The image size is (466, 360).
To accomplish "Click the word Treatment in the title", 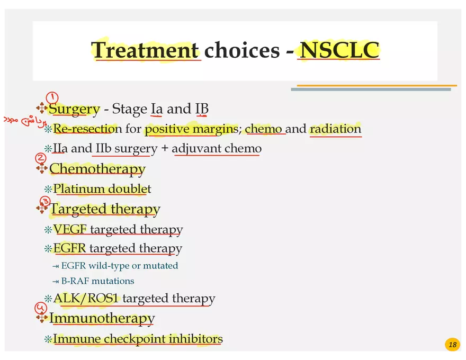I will [145, 50].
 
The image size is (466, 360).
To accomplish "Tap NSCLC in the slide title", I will [339, 50].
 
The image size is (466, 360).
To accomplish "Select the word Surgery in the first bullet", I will [74, 109].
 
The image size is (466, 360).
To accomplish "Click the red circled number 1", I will [52, 97].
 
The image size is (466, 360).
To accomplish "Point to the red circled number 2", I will [41, 158].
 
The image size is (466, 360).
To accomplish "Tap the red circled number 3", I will [46, 201].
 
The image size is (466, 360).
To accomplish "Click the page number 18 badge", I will [452, 345].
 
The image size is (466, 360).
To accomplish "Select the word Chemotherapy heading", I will [97, 169].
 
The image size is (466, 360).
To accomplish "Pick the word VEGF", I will [70, 229].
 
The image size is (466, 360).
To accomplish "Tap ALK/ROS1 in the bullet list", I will [86, 298].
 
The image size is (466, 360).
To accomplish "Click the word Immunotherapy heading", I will [102, 318].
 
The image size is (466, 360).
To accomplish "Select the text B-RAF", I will [76, 281].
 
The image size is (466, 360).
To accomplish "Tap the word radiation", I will [335, 129].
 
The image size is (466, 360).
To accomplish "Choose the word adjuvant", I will [196, 148].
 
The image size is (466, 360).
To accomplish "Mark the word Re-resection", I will [84, 129].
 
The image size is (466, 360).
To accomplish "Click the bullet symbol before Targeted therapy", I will [42, 209].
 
